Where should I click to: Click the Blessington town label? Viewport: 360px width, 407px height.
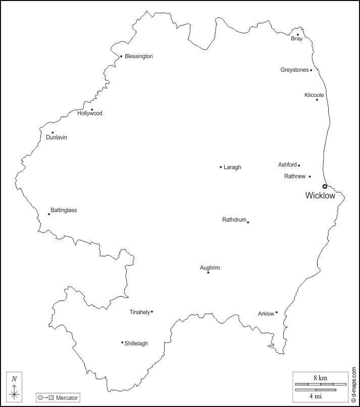139,57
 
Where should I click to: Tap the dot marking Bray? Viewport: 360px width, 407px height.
298,35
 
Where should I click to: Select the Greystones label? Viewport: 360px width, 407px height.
294,70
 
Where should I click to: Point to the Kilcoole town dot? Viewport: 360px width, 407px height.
317,99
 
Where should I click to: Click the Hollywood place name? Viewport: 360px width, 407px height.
90,114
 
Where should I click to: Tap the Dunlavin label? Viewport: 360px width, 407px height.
57,137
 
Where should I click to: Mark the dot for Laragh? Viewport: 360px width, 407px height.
221,167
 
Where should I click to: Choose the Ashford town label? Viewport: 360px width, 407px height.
287,165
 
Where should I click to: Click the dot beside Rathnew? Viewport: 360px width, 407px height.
310,176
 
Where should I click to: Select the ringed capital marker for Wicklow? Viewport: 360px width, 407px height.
325,186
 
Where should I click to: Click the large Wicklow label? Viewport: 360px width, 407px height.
320,196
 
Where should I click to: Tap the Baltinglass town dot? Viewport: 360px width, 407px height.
49,214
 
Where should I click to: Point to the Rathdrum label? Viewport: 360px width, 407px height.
234,220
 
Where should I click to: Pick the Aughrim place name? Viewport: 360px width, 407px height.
210,268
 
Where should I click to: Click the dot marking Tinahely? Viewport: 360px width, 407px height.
152,312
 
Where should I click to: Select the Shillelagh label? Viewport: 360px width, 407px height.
136,343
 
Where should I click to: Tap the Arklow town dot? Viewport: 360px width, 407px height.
277,312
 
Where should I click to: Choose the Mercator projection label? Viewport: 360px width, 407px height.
67,398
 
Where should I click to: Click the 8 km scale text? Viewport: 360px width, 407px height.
320,377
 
